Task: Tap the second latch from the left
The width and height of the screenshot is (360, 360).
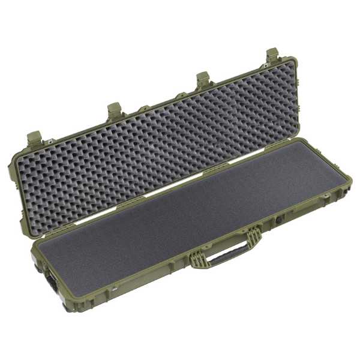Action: coord(115,109)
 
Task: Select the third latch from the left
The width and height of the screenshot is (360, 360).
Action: coord(202,78)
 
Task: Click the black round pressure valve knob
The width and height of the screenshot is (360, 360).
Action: coord(280,220)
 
